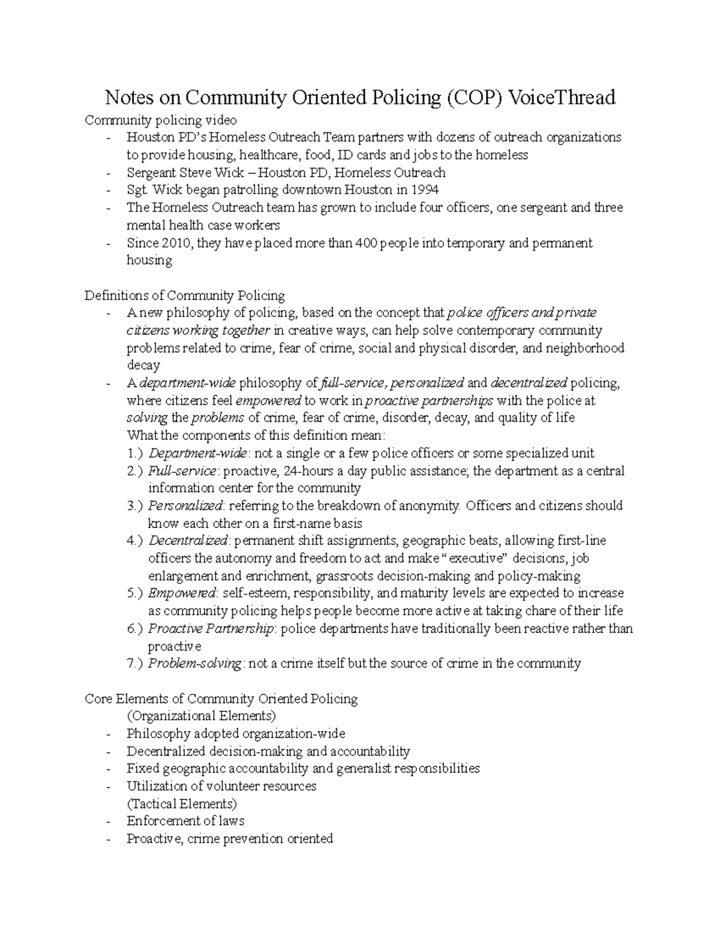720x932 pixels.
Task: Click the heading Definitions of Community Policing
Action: point(185,295)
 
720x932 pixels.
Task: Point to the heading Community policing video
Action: point(161,120)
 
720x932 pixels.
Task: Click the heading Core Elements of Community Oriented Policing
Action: point(221,699)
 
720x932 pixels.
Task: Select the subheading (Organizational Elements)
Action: point(201,716)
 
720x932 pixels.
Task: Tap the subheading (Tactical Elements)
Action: point(182,804)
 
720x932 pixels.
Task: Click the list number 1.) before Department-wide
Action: point(135,453)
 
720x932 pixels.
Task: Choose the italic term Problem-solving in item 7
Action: point(195,663)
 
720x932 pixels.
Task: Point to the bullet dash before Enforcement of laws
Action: point(107,822)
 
